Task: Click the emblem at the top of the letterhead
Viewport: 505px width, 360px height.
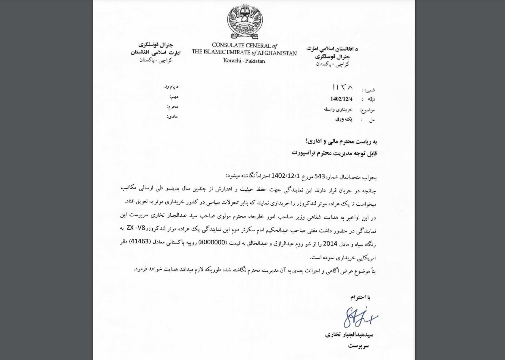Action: [245, 21]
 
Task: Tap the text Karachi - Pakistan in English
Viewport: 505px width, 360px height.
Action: [244, 61]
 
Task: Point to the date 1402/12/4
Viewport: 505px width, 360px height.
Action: [341, 99]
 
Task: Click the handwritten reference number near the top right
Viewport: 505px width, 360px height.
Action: [342, 87]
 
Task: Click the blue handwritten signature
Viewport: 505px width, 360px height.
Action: [360, 317]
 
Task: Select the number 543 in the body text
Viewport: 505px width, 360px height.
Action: [320, 176]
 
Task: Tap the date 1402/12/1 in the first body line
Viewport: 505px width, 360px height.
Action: [285, 176]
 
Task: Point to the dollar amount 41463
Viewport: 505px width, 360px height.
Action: [139, 242]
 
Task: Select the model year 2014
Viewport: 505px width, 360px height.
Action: [330, 243]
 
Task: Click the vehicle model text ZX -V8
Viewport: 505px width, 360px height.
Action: [136, 228]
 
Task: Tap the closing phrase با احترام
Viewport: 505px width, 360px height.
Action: [360, 297]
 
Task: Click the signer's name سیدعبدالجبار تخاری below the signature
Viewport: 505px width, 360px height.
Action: [349, 335]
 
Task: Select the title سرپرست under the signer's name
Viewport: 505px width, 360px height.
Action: [358, 346]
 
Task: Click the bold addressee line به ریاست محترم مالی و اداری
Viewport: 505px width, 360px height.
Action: [341, 141]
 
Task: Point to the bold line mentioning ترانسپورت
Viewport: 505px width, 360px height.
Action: [334, 153]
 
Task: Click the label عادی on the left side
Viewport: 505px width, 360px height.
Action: [173, 117]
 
